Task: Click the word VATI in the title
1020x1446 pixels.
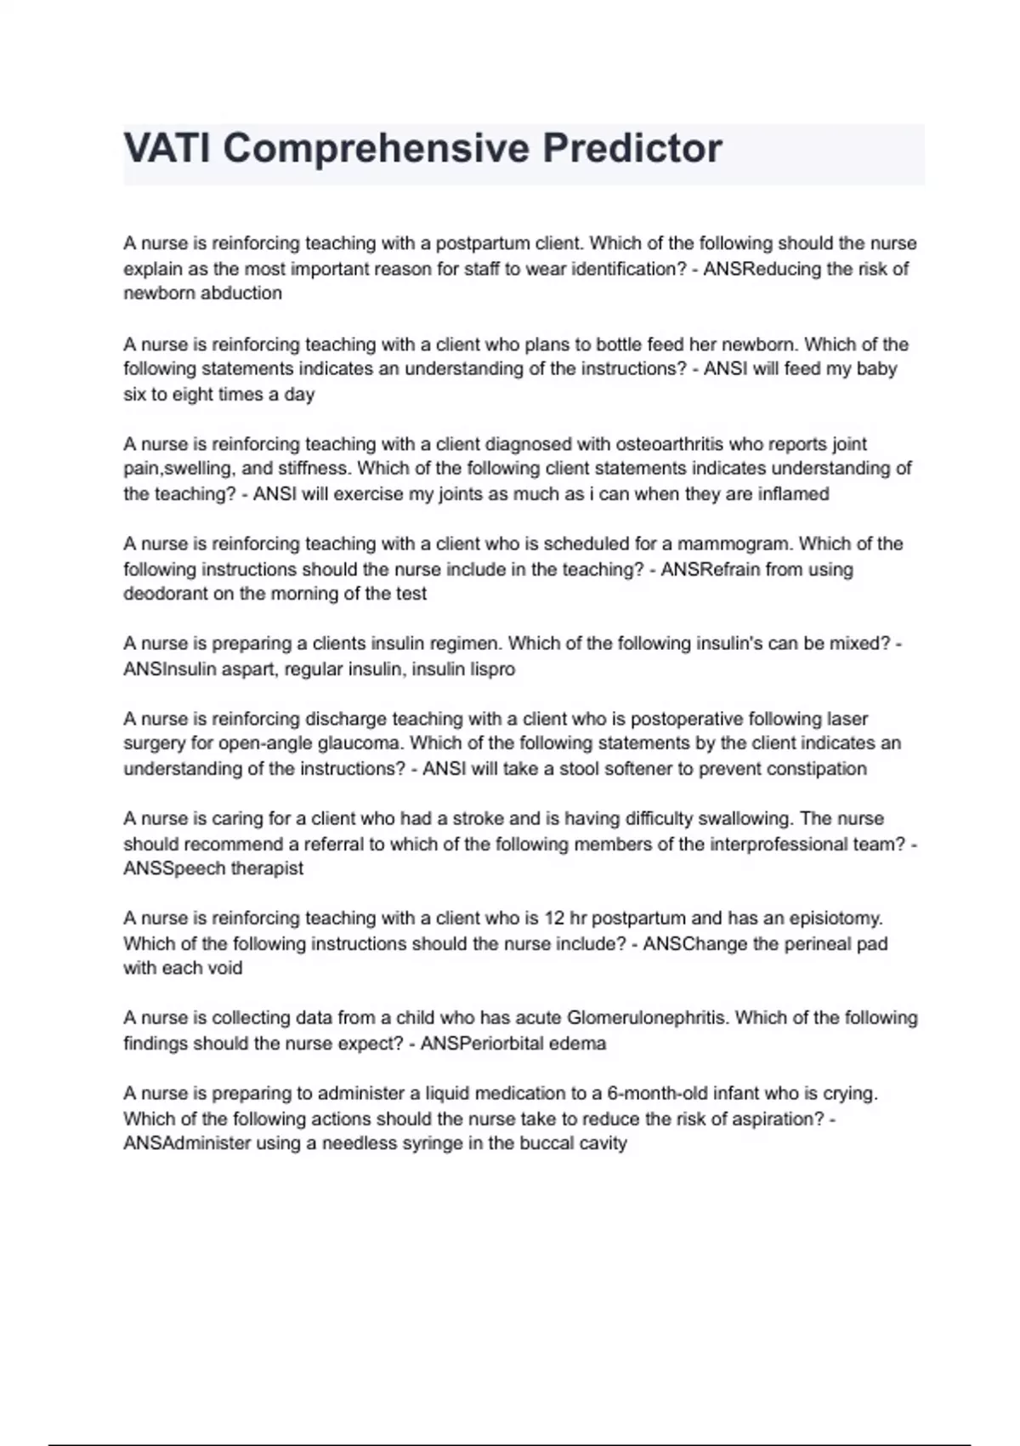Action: [168, 149]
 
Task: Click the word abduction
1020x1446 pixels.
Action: [241, 293]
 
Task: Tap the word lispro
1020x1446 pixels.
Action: [493, 669]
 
